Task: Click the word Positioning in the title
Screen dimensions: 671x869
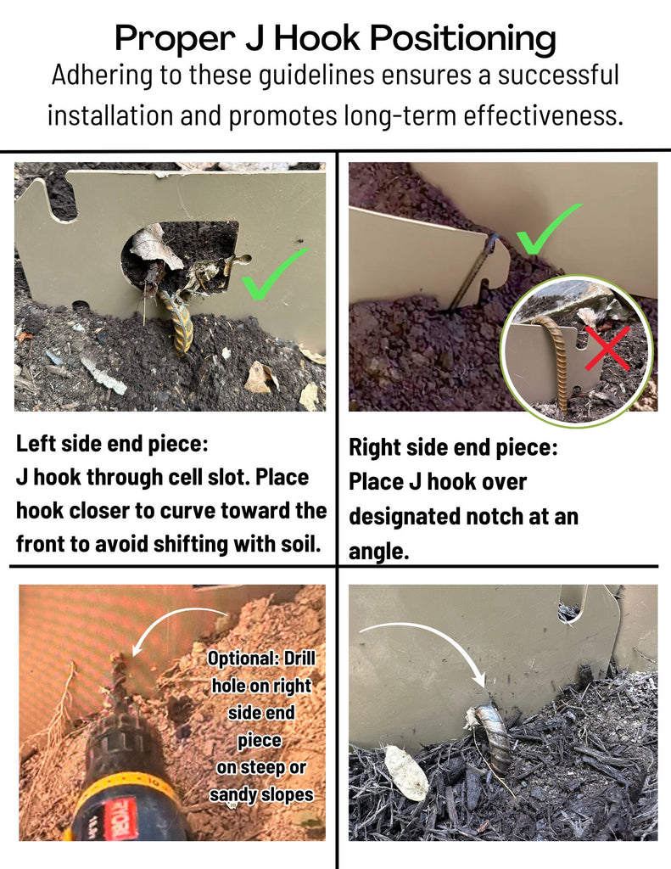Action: tap(462, 39)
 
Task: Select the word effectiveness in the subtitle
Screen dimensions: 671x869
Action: tap(543, 115)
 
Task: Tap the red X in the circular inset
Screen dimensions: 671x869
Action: tap(608, 348)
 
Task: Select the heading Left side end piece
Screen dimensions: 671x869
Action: tap(112, 443)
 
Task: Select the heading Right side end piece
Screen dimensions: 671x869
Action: tap(453, 448)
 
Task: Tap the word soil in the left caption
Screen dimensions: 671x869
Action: tap(303, 544)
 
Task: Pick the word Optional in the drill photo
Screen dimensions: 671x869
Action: tap(242, 659)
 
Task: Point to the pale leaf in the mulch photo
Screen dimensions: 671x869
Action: tap(406, 772)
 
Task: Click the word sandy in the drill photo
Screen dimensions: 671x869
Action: tap(233, 794)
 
